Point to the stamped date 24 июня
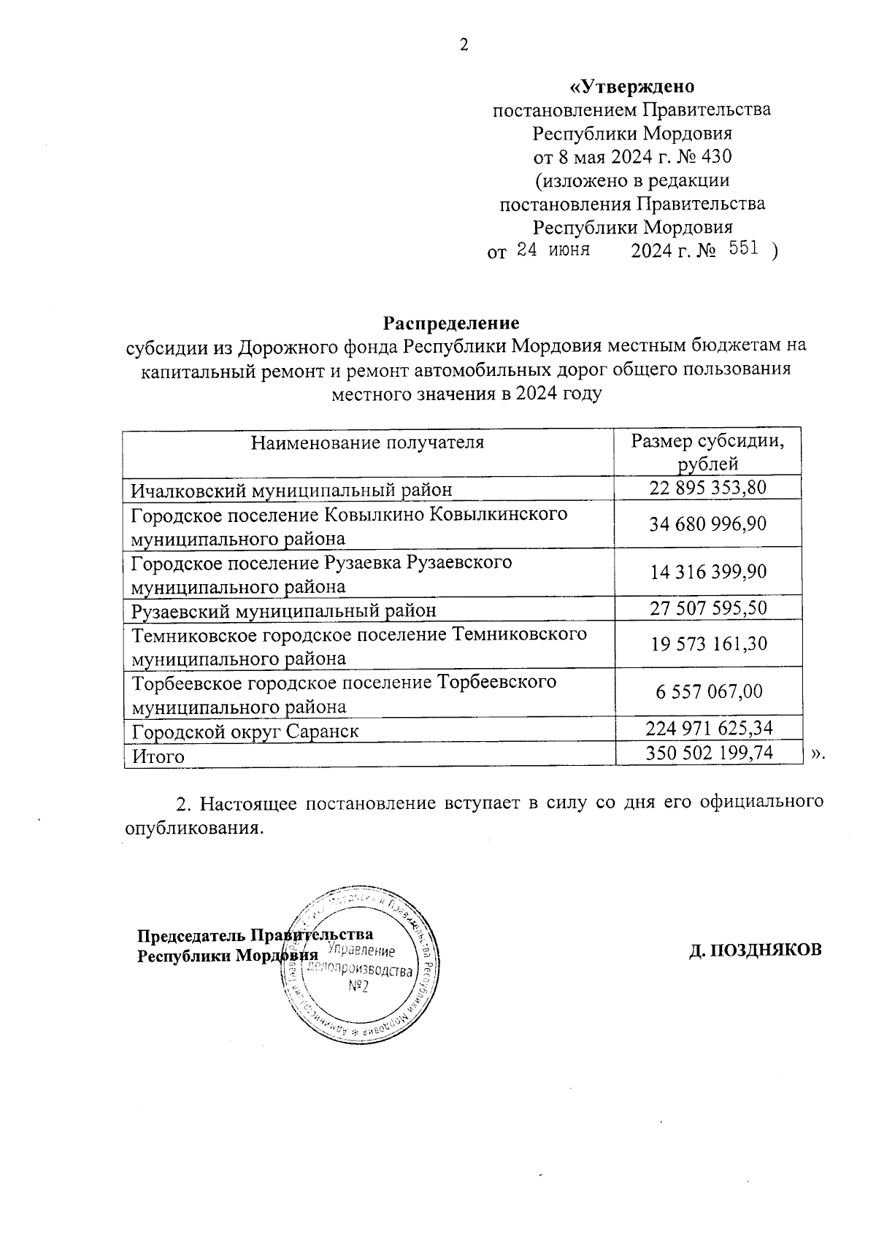point(553,250)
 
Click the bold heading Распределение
point(451,322)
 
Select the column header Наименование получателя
point(368,442)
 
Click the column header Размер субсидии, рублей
point(708,452)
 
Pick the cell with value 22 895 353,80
point(708,488)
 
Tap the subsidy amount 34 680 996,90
point(708,523)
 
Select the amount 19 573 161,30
point(708,644)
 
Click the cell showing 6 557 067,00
point(708,691)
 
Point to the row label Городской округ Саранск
point(245,731)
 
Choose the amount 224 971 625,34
point(708,728)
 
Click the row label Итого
point(158,756)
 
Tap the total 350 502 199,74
point(708,753)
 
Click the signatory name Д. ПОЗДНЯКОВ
point(756,950)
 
